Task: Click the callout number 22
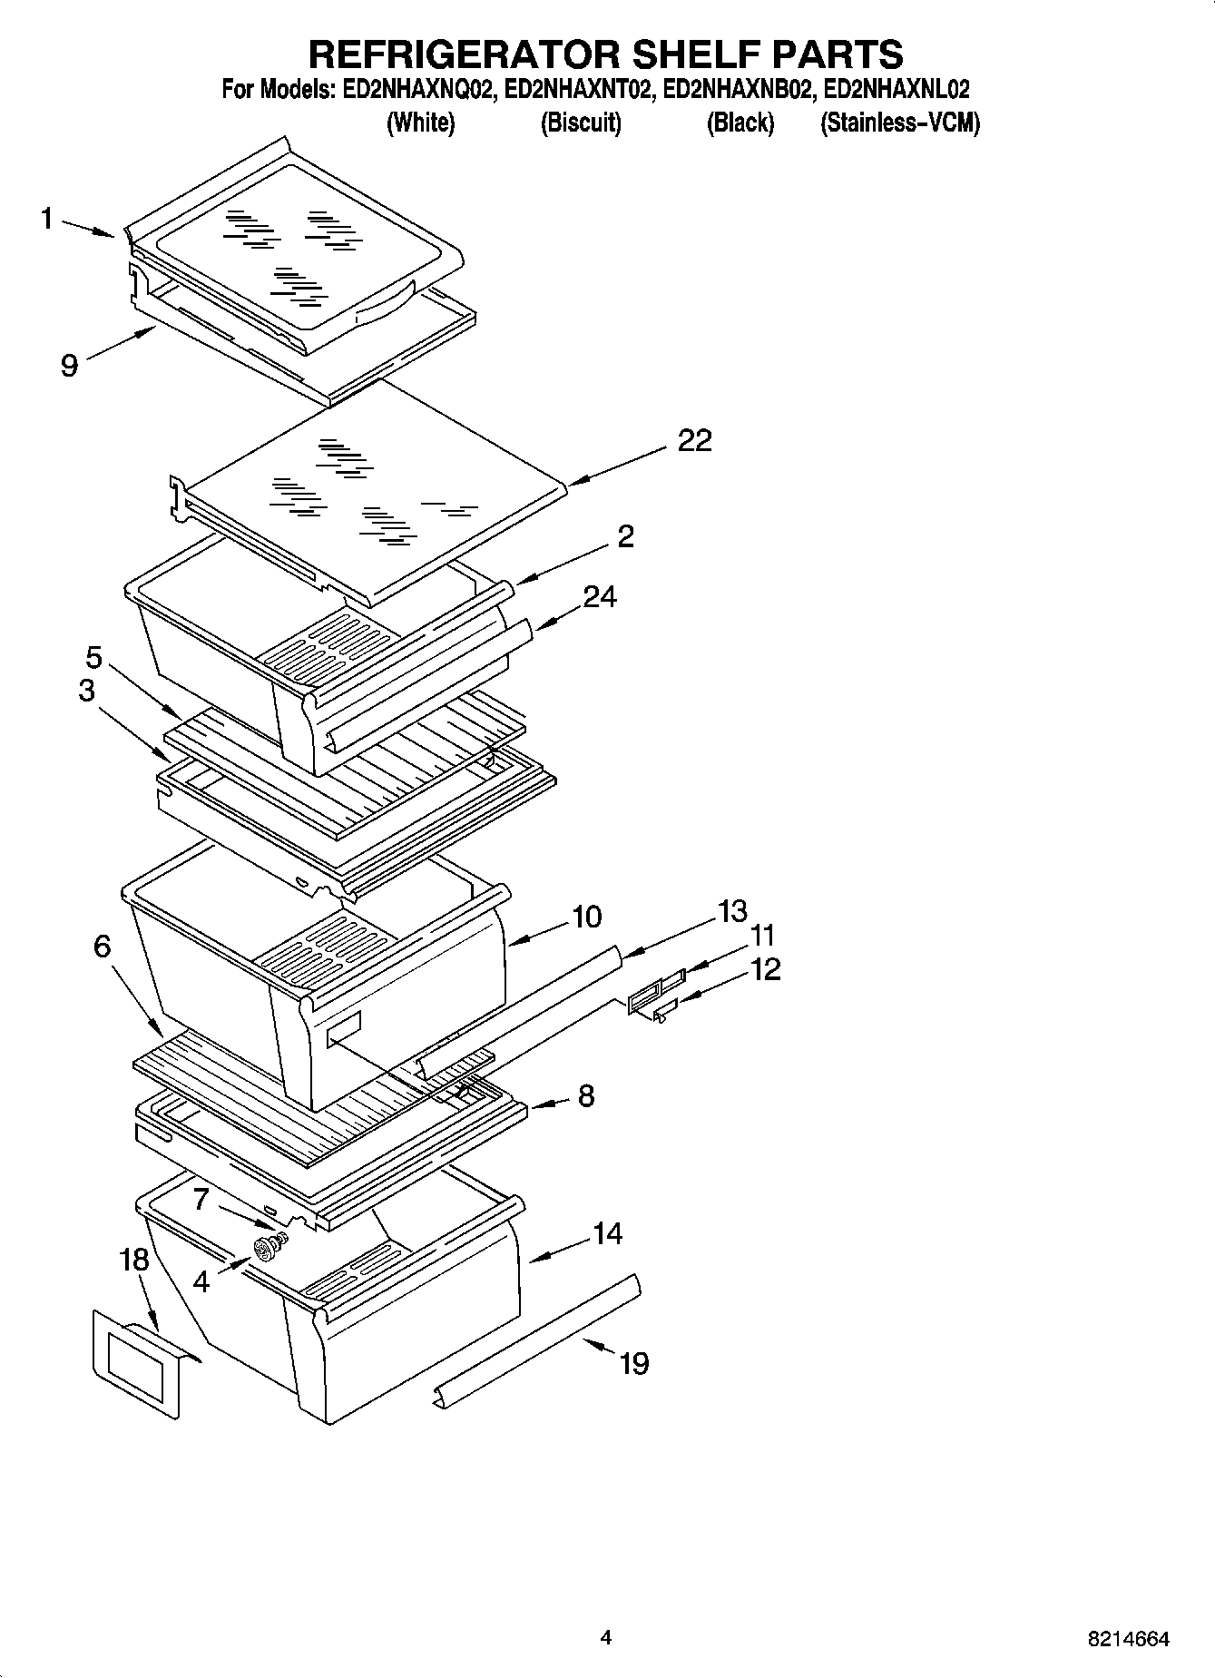pyautogui.click(x=694, y=441)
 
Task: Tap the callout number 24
pyautogui.click(x=600, y=597)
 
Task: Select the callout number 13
pyautogui.click(x=731, y=910)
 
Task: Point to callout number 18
pyautogui.click(x=133, y=1260)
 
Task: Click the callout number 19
pyautogui.click(x=634, y=1363)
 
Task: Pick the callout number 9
pyautogui.click(x=69, y=366)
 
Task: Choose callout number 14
pyautogui.click(x=607, y=1233)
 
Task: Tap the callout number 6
pyautogui.click(x=102, y=947)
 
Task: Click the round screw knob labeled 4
pyautogui.click(x=267, y=1251)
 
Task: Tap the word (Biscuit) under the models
pyautogui.click(x=581, y=123)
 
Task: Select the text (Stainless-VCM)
pyautogui.click(x=899, y=123)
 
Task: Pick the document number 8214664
pyautogui.click(x=1128, y=1639)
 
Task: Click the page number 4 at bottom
pyautogui.click(x=605, y=1637)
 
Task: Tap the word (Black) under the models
pyautogui.click(x=740, y=123)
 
